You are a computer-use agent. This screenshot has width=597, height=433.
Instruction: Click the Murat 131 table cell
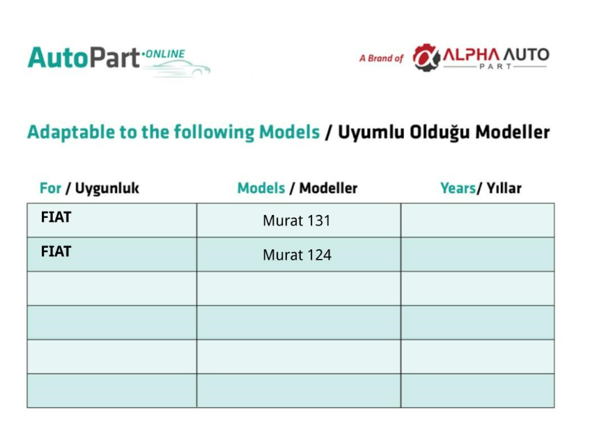[298, 220]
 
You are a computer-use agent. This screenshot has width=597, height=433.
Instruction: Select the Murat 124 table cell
[298, 255]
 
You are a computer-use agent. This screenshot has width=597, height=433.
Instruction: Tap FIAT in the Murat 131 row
[56, 217]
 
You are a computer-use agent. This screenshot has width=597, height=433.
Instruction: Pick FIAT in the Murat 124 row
[56, 251]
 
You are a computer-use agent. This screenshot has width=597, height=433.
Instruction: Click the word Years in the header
[458, 189]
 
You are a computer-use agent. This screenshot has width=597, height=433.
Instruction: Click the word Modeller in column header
[328, 188]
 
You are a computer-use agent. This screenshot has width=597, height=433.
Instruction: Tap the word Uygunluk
[107, 189]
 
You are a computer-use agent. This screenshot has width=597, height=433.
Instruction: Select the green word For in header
[50, 188]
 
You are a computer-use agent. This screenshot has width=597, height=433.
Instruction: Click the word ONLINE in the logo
[165, 54]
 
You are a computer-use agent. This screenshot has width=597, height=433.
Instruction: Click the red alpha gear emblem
[426, 58]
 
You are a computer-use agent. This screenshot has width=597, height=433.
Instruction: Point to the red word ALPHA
[471, 55]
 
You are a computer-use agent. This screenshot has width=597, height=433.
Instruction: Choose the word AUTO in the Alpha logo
[526, 55]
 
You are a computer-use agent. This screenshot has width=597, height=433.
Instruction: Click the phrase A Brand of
[381, 58]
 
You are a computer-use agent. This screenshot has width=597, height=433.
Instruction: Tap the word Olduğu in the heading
[440, 132]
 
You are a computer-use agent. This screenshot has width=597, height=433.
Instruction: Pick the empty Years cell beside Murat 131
[477, 220]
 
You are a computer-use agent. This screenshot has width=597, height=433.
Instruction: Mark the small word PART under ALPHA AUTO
[495, 67]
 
